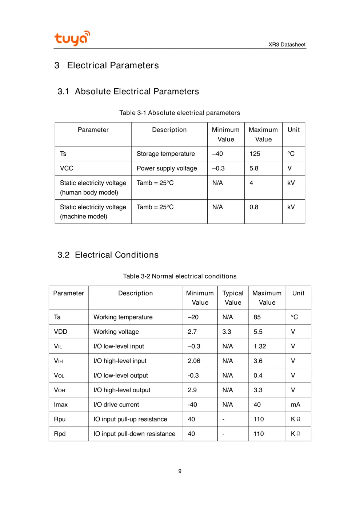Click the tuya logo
click(72, 38)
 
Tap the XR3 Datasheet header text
click(287, 44)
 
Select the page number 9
click(180, 471)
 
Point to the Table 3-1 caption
click(180, 113)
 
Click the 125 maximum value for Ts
click(255, 154)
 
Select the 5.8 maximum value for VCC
click(254, 168)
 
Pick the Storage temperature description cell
click(165, 154)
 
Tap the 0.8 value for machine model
click(254, 207)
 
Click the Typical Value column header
click(233, 298)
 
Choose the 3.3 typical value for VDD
click(227, 332)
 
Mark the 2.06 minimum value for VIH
click(194, 361)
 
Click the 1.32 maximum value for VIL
click(260, 346)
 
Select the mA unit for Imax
click(295, 404)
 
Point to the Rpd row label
click(60, 434)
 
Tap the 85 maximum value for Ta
click(257, 317)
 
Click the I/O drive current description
click(116, 404)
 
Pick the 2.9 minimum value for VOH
click(192, 390)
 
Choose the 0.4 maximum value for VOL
click(258, 375)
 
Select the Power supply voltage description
click(167, 168)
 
